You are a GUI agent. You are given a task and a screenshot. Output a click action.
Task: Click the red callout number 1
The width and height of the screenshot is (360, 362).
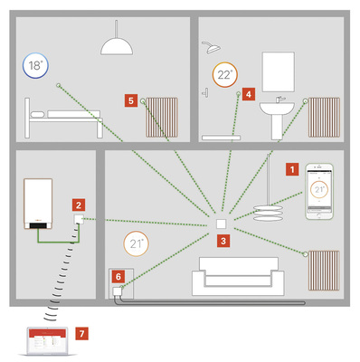(x=291, y=168)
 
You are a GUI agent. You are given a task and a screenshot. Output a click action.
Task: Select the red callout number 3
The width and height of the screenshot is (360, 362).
(x=223, y=241)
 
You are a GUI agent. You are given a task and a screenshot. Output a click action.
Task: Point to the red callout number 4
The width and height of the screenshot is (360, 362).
(x=248, y=92)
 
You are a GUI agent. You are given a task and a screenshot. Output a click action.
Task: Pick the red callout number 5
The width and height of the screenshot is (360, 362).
(x=132, y=101)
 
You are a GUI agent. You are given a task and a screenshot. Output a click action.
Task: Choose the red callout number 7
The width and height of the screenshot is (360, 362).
(x=82, y=334)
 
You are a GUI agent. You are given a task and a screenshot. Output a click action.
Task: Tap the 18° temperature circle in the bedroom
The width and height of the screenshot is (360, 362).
(x=35, y=66)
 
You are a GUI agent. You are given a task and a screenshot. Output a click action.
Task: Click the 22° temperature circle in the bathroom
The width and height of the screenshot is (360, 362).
(x=223, y=76)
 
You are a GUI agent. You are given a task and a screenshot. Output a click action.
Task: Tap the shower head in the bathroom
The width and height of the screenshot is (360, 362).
(x=210, y=43)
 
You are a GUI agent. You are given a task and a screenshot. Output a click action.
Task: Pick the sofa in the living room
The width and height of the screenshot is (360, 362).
(x=240, y=275)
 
